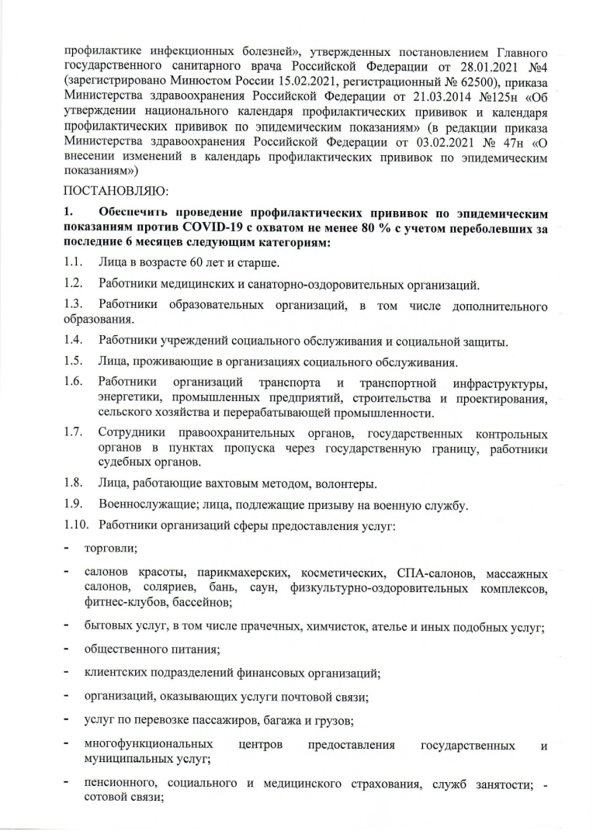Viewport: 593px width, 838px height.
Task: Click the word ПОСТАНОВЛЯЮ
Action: [116, 189]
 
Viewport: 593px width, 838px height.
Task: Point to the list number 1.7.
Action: [74, 433]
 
